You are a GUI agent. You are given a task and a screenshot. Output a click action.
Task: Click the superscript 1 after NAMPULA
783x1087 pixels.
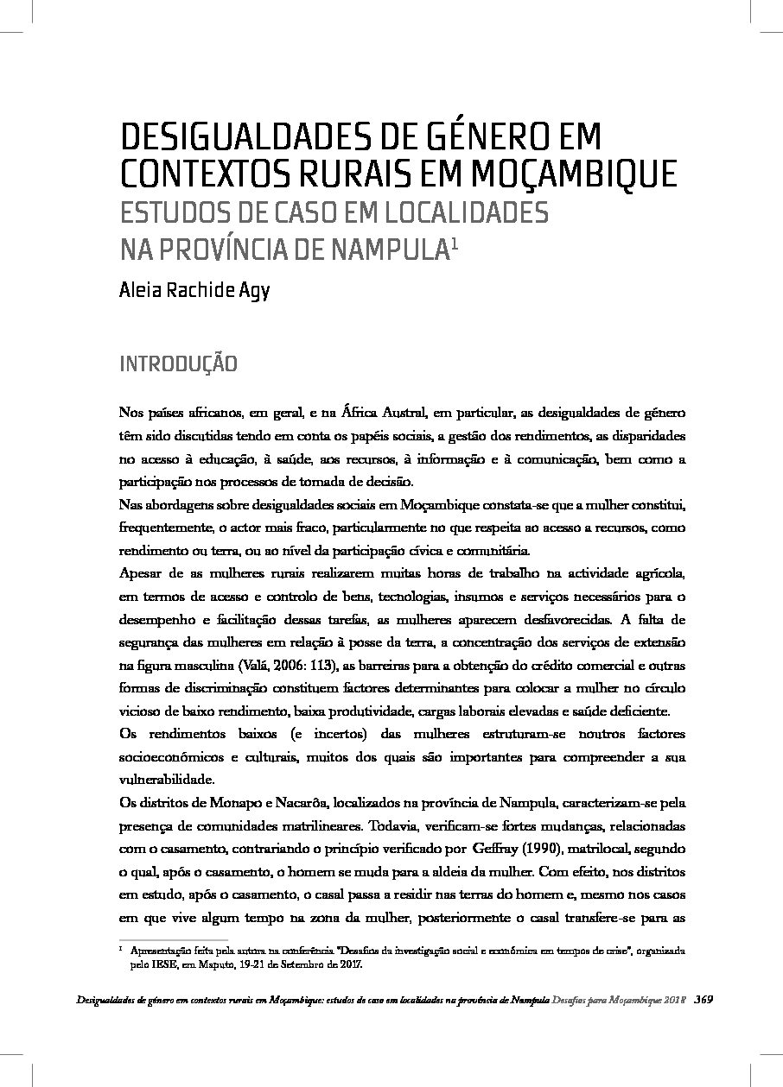point(453,244)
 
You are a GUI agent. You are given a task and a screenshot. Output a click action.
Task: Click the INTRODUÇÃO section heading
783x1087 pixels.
point(177,363)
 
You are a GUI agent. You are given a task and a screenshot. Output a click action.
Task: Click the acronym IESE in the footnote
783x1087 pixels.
point(156,965)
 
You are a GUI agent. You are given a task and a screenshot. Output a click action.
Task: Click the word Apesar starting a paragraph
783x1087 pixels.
point(138,572)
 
